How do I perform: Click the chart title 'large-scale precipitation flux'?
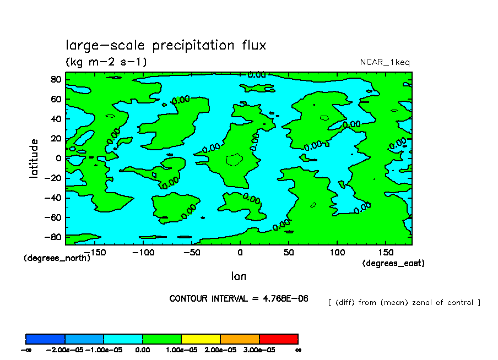[166, 45]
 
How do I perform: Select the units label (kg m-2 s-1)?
[106, 62]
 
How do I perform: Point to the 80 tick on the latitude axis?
[56, 79]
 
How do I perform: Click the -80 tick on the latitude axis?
[53, 237]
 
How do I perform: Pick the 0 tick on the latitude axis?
[58, 158]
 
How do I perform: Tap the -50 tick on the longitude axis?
[191, 252]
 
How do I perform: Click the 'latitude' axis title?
[34, 158]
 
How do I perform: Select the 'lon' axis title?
[239, 276]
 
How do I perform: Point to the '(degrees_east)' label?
[393, 263]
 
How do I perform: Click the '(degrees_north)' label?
[57, 258]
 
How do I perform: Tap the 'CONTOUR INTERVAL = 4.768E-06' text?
[239, 298]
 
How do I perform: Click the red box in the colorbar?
[278, 339]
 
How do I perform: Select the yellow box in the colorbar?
[201, 339]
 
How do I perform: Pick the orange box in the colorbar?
[240, 339]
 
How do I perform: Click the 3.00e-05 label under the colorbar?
[259, 350]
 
